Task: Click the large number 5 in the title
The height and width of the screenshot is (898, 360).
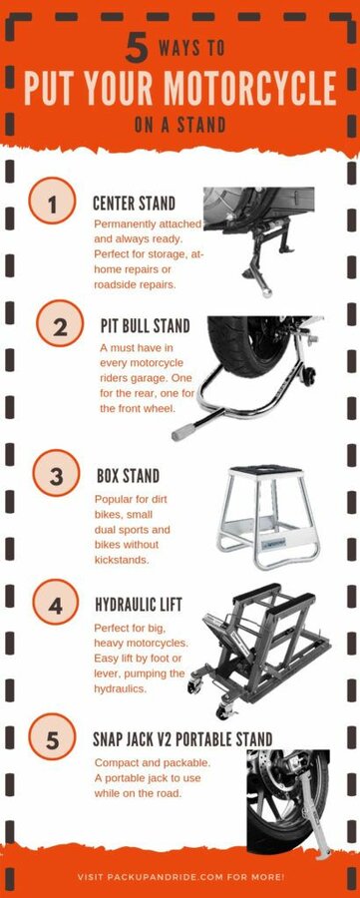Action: tap(137, 49)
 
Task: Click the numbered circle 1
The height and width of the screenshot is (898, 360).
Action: tap(52, 201)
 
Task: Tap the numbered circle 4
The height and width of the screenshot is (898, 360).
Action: tap(56, 602)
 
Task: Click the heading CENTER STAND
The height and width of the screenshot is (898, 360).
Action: tap(134, 203)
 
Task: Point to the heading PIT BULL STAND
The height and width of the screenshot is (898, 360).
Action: tap(145, 326)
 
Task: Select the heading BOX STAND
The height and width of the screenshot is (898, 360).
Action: tap(128, 475)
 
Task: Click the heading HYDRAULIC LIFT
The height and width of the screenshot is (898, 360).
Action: tap(138, 604)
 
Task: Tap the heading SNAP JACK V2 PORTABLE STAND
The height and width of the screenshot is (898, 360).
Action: tap(182, 738)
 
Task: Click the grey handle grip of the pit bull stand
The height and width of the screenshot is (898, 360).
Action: tap(182, 432)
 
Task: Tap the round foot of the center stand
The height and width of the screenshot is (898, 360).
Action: tap(266, 292)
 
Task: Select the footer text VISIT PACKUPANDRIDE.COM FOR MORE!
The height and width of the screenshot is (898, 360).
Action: tap(180, 877)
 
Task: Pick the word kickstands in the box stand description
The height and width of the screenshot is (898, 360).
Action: tap(122, 560)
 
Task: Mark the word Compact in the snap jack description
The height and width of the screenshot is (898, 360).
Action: tap(115, 763)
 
